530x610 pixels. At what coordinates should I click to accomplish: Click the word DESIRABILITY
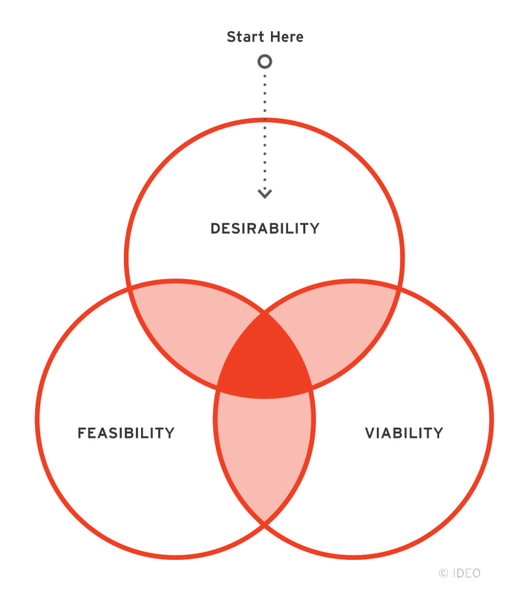coord(265,228)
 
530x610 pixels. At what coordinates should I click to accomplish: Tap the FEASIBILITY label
coord(126,433)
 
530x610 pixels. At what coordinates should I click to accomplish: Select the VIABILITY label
coord(404,433)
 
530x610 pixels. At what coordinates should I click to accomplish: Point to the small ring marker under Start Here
coord(264,62)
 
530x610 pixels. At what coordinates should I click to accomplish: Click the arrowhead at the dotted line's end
coord(265,193)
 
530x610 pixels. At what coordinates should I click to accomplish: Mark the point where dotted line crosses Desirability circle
coord(265,119)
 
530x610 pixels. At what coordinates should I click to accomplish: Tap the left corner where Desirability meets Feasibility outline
coord(129,287)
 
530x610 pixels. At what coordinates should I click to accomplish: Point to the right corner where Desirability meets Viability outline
coord(401,287)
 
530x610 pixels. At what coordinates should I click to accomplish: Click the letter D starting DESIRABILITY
coord(216,228)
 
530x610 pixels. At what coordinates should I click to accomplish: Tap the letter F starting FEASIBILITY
coord(82,433)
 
